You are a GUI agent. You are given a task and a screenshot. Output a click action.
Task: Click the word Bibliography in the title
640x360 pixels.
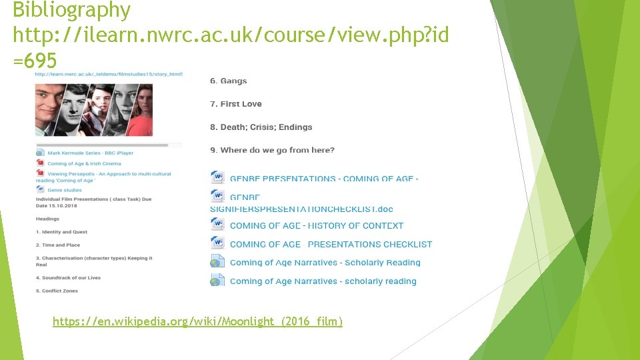(x=71, y=10)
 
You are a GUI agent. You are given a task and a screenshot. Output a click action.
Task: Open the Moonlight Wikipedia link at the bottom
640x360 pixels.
(x=197, y=322)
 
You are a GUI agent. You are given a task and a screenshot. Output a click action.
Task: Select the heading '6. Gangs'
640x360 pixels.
(x=228, y=81)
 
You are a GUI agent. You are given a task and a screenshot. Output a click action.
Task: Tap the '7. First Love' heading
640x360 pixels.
(x=235, y=104)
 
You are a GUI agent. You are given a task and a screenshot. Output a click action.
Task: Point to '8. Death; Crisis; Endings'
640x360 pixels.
(x=261, y=127)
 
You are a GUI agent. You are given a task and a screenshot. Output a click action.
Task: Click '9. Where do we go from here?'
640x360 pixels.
(x=272, y=150)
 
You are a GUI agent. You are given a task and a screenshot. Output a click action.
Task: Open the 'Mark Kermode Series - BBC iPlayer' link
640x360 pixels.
(x=90, y=153)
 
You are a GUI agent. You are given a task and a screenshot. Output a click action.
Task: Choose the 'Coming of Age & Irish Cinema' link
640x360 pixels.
(x=84, y=163)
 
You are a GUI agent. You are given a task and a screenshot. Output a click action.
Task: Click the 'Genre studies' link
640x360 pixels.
(x=64, y=190)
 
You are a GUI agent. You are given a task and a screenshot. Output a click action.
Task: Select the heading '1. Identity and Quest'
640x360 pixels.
(x=61, y=232)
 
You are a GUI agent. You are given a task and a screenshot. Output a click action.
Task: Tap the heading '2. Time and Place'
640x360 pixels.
(x=57, y=245)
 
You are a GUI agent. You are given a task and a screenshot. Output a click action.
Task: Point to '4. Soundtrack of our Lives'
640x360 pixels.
(x=68, y=277)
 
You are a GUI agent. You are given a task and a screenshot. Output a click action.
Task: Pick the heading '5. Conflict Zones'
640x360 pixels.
(x=57, y=291)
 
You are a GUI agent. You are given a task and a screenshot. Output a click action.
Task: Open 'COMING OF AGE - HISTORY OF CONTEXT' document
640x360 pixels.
(x=316, y=226)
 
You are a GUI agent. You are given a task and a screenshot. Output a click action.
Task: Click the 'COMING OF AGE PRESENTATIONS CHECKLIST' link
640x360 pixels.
(x=331, y=245)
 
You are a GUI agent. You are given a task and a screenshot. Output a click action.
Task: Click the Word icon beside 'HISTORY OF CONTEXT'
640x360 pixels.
(x=217, y=225)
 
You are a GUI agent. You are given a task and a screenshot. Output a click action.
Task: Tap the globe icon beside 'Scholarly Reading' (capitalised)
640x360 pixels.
(x=217, y=262)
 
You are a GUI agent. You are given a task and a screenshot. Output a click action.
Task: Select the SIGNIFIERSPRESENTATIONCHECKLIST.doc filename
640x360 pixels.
(x=301, y=209)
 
